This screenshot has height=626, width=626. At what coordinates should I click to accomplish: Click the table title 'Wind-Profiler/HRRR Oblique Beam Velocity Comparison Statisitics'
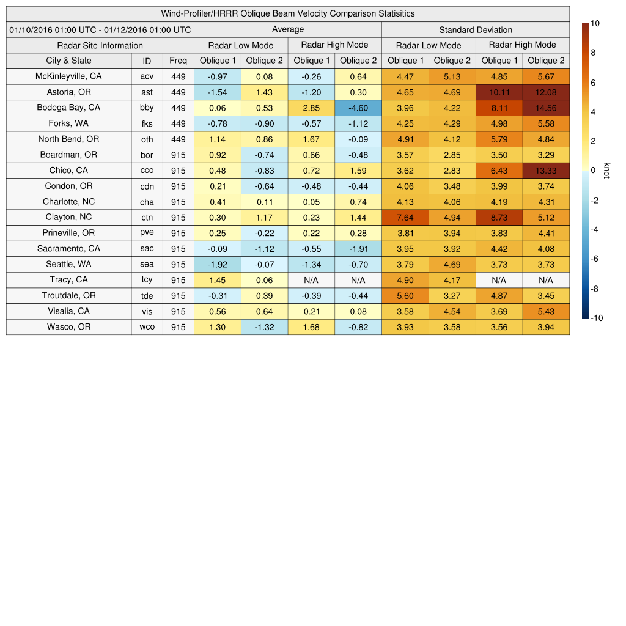(x=288, y=13)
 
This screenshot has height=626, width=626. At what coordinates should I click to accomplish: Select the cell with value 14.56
(x=546, y=108)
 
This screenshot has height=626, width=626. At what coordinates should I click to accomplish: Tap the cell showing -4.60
(x=358, y=108)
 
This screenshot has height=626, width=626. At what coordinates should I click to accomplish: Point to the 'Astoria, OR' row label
(x=68, y=92)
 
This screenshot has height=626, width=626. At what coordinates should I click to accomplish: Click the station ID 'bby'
(x=147, y=108)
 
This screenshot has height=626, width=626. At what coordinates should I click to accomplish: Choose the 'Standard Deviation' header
(x=476, y=29)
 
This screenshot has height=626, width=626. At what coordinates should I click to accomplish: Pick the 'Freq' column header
(x=178, y=61)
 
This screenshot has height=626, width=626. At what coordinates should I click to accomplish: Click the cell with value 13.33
(x=546, y=170)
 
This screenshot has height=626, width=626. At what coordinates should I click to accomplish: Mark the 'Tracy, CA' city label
(x=68, y=279)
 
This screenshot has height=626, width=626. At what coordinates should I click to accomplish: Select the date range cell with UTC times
(x=100, y=29)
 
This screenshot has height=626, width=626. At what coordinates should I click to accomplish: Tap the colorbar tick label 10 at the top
(x=595, y=24)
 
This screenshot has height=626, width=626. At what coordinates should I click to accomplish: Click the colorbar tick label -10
(x=597, y=318)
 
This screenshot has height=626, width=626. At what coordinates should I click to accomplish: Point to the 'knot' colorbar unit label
(x=606, y=170)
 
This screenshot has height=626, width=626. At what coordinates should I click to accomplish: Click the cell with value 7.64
(x=405, y=217)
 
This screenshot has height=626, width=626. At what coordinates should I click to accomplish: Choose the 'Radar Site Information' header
(x=100, y=45)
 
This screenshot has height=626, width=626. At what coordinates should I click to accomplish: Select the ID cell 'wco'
(x=147, y=327)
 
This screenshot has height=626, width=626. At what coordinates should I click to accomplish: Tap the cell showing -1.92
(x=218, y=264)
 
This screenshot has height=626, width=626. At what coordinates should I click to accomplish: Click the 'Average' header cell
(x=287, y=29)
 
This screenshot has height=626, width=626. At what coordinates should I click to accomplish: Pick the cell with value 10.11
(x=499, y=92)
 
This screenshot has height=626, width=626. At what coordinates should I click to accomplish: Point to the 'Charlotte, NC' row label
(x=68, y=201)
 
